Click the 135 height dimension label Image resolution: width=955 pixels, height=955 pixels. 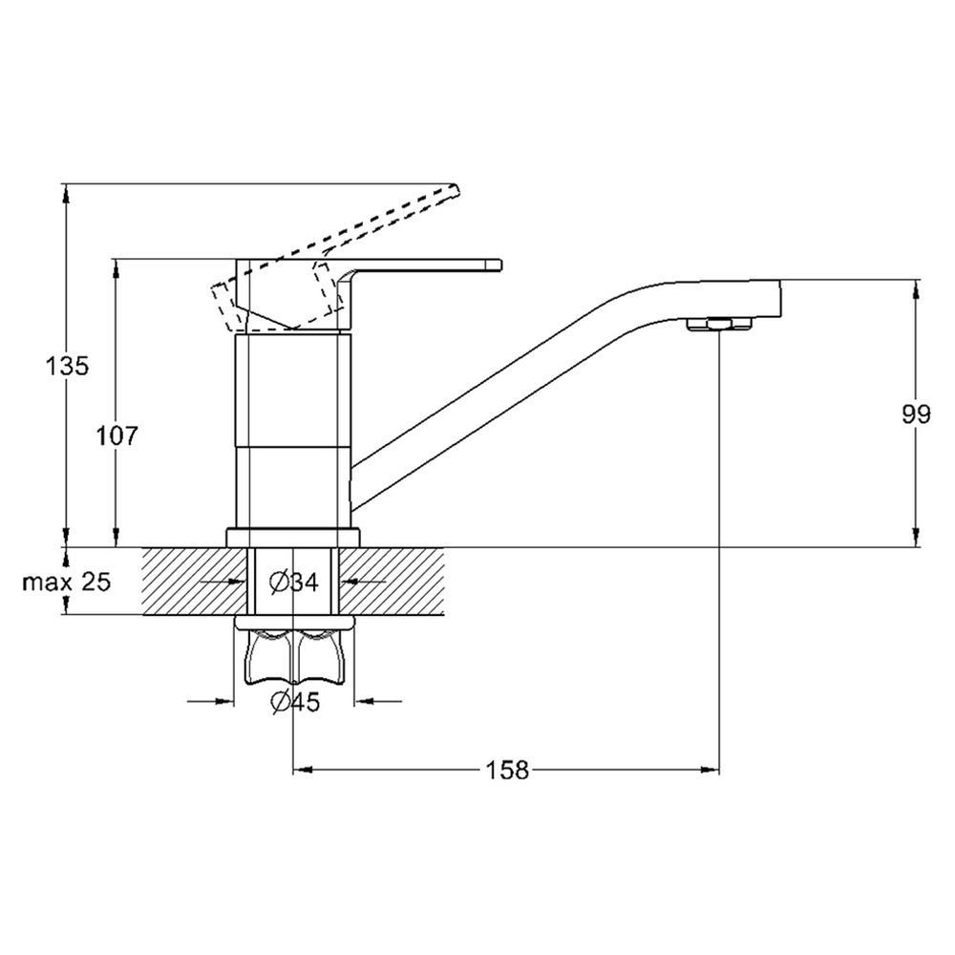click(67, 366)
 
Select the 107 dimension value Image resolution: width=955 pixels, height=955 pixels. click(117, 435)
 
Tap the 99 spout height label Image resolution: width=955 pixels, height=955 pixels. click(916, 414)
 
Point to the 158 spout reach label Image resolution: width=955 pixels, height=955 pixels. click(507, 771)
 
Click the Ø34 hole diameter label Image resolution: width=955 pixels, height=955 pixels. click(294, 583)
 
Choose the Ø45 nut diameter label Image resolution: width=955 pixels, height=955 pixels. click(295, 702)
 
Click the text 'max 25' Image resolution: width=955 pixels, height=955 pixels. click(67, 583)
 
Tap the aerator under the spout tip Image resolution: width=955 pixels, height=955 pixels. click(719, 324)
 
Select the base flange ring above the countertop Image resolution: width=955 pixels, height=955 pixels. click(293, 537)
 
